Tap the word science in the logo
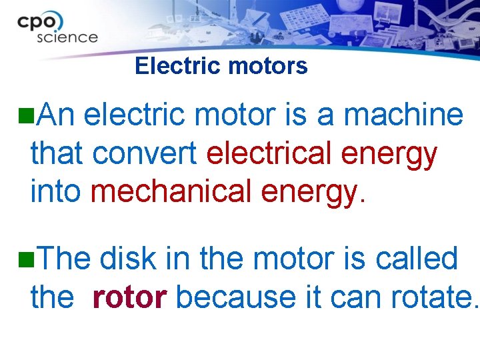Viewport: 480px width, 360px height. [x=67, y=37]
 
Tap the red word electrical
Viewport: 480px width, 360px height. [x=270, y=154]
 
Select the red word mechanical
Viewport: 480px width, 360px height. [x=172, y=192]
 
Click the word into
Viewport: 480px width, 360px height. [x=55, y=192]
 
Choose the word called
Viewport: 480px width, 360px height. [x=417, y=259]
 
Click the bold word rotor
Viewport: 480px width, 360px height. [x=129, y=297]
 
